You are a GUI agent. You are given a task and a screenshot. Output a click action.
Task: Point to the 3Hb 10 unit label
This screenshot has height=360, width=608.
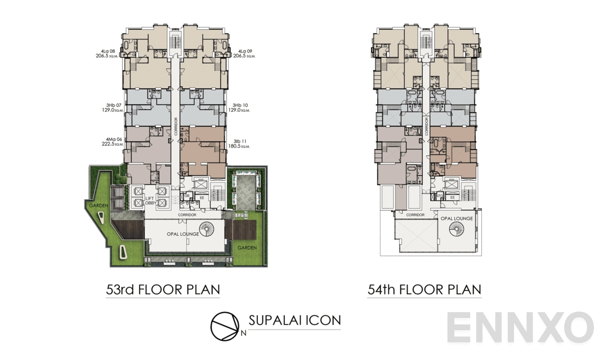tap(240, 105)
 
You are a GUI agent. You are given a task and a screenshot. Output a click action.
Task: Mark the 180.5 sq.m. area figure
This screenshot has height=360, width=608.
tap(241, 145)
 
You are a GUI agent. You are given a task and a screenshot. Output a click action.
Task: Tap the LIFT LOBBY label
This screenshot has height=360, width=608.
tap(150, 201)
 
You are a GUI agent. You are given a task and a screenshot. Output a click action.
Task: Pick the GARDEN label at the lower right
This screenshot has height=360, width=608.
tap(247, 247)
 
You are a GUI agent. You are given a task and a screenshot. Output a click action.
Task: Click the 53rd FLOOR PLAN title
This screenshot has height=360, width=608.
tap(163, 290)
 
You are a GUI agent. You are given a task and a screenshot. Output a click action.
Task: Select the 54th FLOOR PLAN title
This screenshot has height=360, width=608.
tap(424, 290)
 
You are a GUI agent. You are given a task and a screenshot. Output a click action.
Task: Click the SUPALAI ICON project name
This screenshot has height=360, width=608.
tap(294, 321)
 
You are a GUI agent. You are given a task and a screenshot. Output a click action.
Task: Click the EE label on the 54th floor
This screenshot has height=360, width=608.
tap(453, 197)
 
